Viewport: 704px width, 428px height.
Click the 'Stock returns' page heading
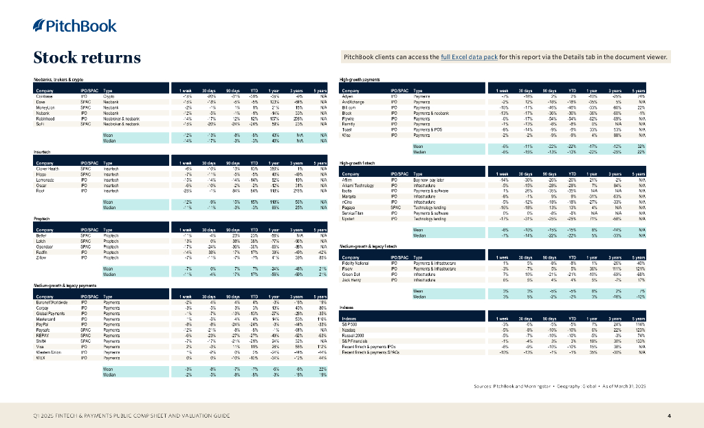point(87,58)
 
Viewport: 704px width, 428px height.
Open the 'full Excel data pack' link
point(469,57)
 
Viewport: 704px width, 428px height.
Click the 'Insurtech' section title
point(41,151)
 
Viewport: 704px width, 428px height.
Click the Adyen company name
point(347,97)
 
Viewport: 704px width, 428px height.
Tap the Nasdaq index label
point(349,331)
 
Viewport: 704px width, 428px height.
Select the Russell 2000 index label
point(353,336)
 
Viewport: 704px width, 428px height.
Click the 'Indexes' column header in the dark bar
point(350,319)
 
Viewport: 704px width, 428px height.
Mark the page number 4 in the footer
point(669,416)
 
